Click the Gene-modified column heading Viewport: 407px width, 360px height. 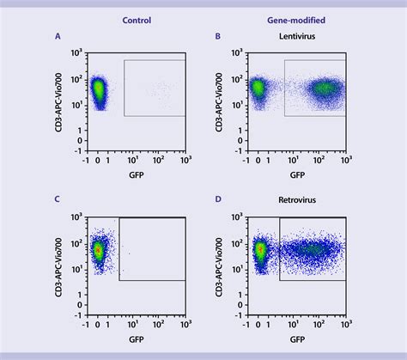click(298, 18)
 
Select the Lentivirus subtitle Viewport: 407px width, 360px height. click(298, 37)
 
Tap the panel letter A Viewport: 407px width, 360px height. click(58, 37)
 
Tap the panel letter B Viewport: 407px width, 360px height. click(218, 37)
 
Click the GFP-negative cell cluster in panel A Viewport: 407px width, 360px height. click(98, 89)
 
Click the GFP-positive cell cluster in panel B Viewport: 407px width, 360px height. click(324, 87)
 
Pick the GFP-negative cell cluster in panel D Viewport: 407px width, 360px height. click(260, 250)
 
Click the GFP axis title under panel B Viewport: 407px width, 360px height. click(297, 174)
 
